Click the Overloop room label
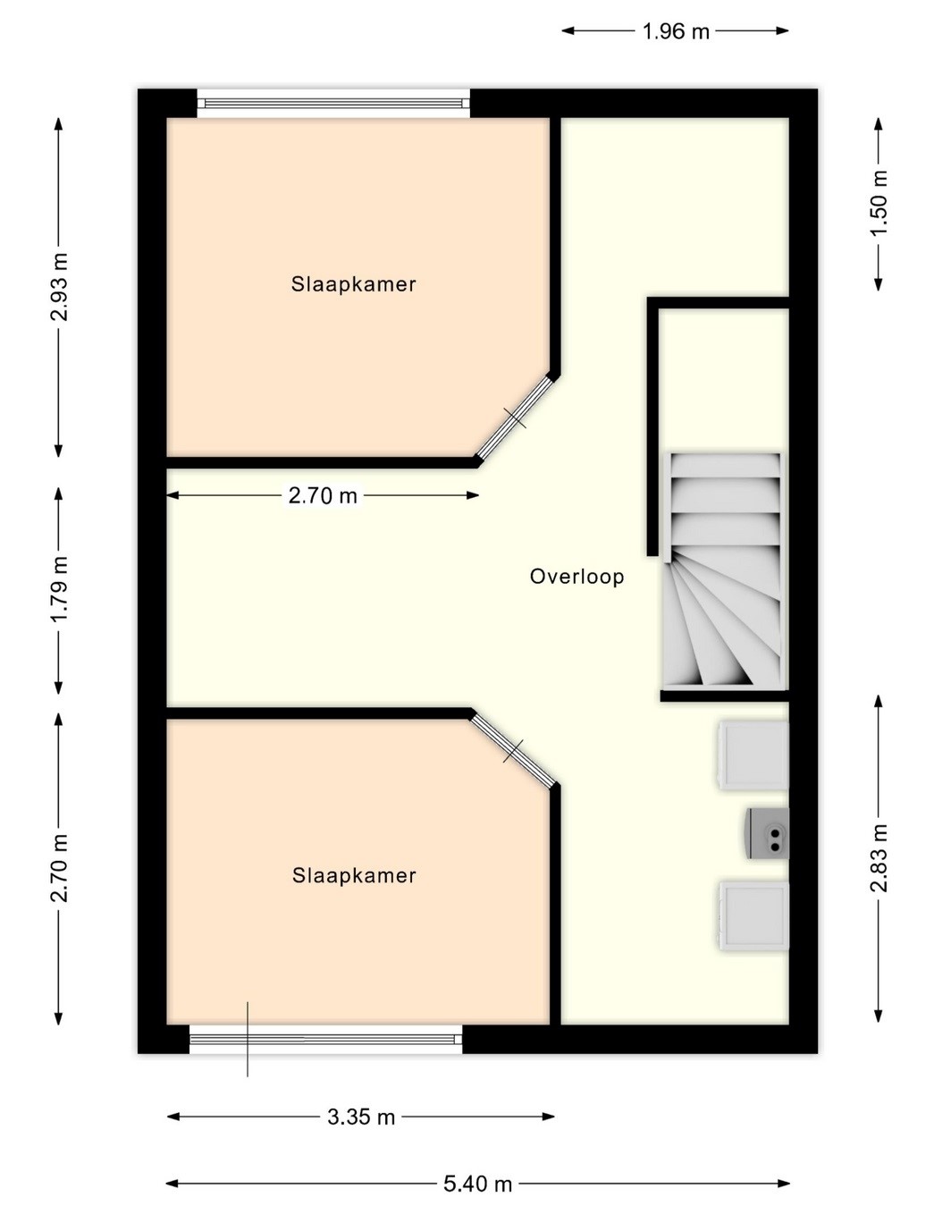coord(576,577)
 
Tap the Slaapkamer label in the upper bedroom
coord(353,283)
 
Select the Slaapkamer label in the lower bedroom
coord(354,875)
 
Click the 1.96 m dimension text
coord(675,31)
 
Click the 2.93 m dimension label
coord(59,287)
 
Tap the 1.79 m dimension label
coord(59,589)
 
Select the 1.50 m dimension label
coord(879,203)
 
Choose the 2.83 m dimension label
coord(879,858)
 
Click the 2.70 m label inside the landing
coord(322,495)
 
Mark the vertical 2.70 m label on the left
coord(59,868)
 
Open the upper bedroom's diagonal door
coord(514,417)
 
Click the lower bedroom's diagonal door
coord(513,750)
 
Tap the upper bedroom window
coord(333,104)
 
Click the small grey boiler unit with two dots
coord(766,832)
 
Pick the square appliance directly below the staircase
coord(753,755)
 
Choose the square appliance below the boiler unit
coord(753,915)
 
